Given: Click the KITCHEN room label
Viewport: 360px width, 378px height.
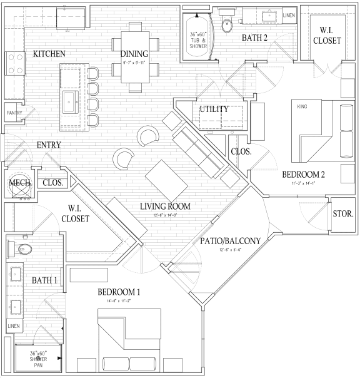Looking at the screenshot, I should (x=49, y=54).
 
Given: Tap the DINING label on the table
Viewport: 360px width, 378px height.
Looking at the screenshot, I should (x=134, y=54).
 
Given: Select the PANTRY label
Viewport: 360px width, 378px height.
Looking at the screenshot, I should (x=14, y=113).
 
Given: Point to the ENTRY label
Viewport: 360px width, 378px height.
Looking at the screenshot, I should (x=48, y=145).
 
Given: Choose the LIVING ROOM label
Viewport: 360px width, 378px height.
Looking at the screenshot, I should (x=165, y=206).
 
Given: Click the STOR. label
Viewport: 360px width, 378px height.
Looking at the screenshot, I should (x=343, y=213).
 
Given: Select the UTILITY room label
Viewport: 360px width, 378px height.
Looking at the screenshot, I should (x=214, y=110).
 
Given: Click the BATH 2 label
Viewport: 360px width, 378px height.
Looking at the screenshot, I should (x=255, y=38).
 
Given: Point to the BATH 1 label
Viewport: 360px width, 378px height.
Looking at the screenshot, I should (x=44, y=280).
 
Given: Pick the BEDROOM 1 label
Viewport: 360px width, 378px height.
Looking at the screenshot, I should (x=119, y=292).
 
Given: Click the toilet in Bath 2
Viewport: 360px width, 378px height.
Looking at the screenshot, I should (x=227, y=25).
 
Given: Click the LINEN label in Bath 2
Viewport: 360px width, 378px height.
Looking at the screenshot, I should (x=289, y=14).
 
